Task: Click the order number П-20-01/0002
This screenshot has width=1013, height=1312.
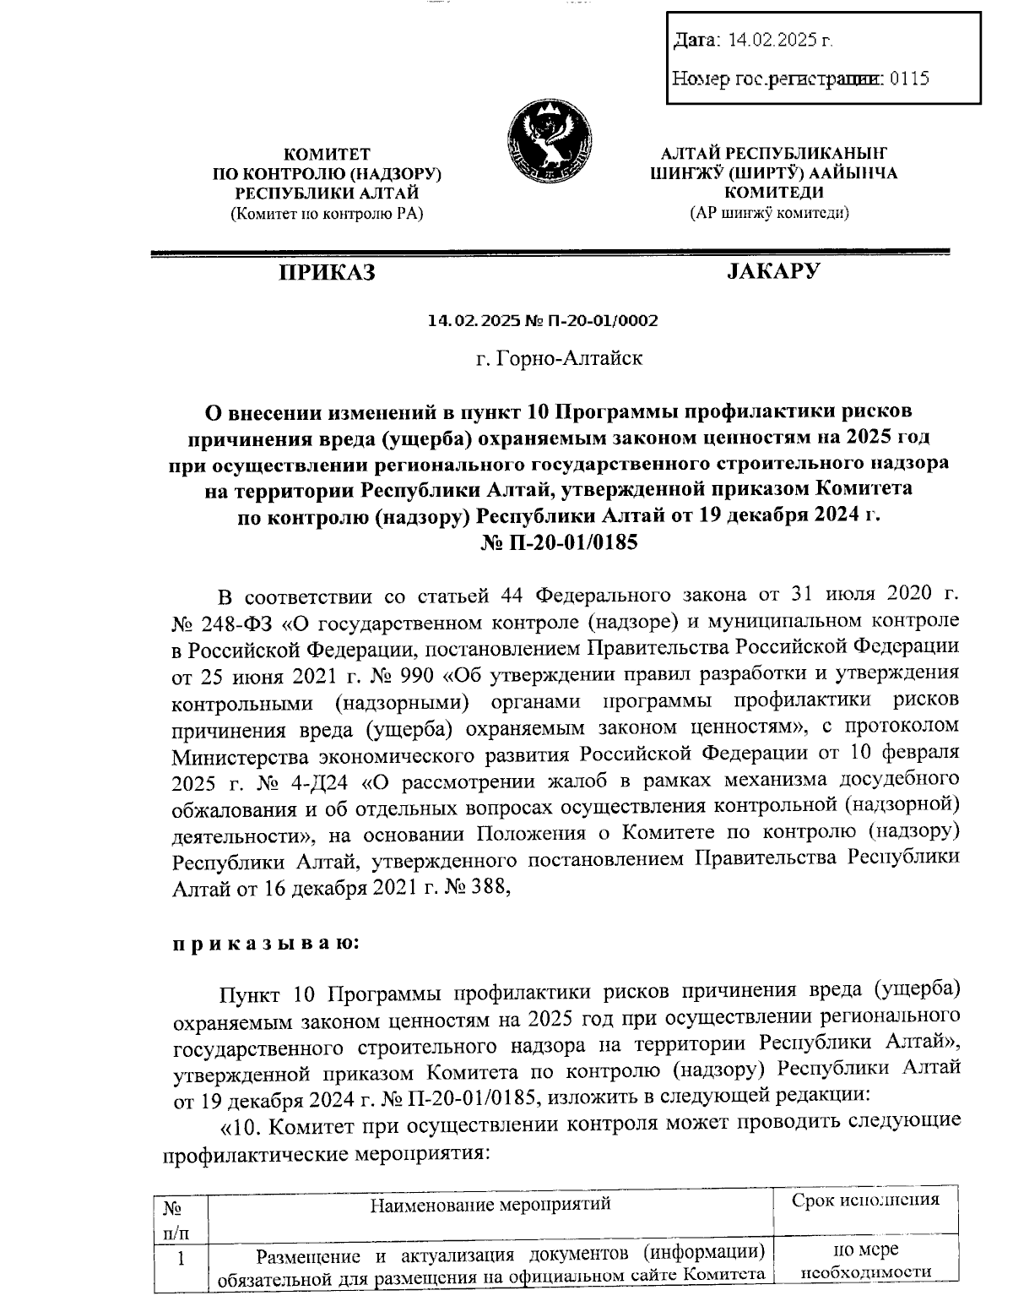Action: [605, 321]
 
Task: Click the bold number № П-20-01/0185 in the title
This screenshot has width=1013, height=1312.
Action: [559, 542]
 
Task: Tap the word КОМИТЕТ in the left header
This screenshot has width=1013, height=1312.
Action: [326, 154]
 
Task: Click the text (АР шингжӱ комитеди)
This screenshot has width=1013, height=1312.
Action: [769, 213]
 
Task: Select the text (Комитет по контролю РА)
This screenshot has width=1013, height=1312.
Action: [326, 214]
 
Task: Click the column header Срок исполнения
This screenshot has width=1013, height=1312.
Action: [865, 1200]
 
